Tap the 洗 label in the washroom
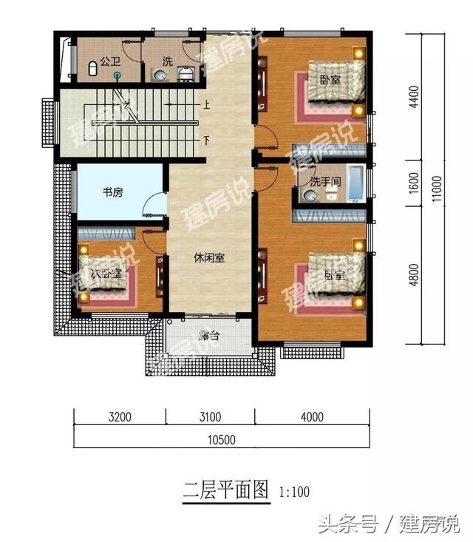click(x=167, y=61)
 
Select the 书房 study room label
click(x=112, y=192)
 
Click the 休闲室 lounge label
click(x=210, y=258)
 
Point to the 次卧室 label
click(x=106, y=274)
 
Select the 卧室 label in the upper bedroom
click(x=330, y=79)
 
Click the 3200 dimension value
click(x=119, y=417)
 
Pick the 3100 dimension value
click(x=210, y=417)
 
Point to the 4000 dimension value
click(x=313, y=417)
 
